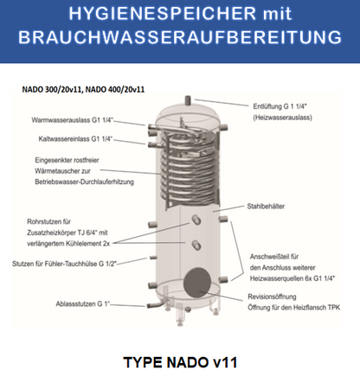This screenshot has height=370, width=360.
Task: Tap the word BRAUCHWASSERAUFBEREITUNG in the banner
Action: coord(180,41)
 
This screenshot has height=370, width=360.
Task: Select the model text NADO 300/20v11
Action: coord(57,89)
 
